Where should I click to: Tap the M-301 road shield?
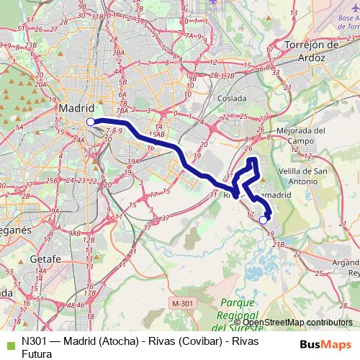coord(183,305)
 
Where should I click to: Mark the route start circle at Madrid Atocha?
coord(90,122)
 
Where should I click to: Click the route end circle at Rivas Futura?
coord(264,220)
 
